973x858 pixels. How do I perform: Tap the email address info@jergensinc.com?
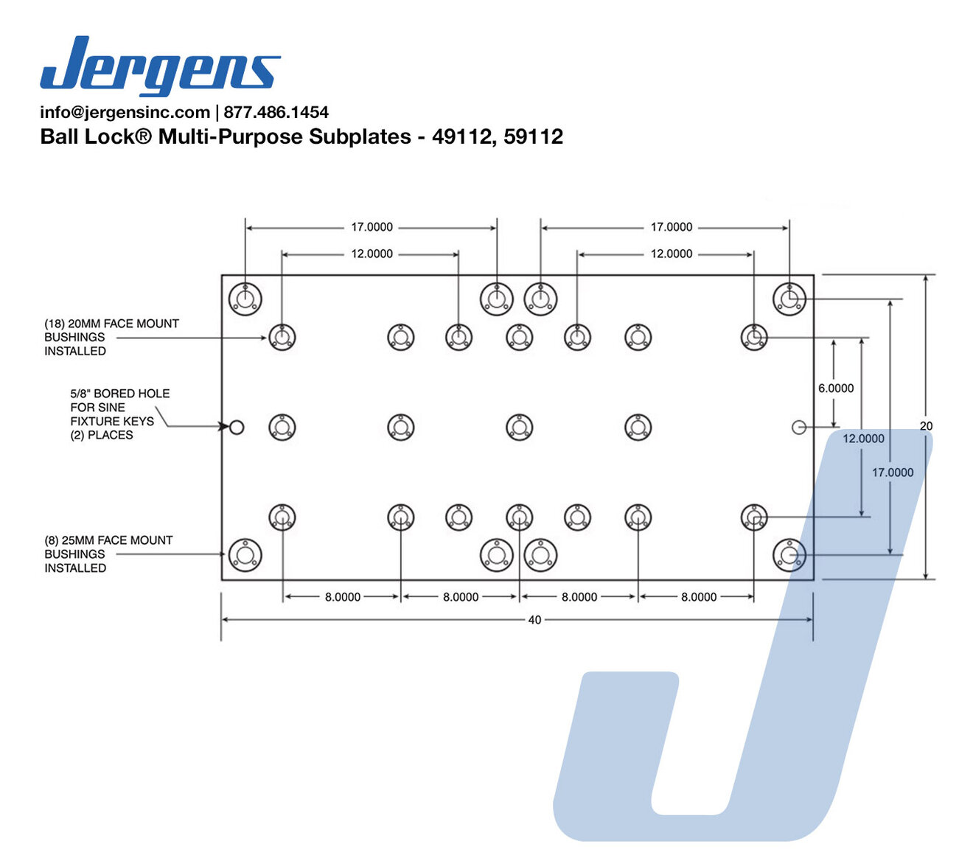click(125, 112)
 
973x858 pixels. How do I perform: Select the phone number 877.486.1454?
click(276, 112)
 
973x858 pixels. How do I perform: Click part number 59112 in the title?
click(533, 136)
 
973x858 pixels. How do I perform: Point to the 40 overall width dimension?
click(534, 620)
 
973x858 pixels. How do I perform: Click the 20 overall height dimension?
click(926, 425)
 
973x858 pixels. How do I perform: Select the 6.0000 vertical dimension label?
click(836, 388)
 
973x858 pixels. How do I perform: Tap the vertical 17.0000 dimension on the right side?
click(893, 472)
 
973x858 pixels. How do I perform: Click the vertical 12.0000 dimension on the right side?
click(863, 438)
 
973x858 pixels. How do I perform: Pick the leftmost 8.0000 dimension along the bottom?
click(343, 596)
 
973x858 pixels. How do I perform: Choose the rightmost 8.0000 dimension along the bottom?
click(699, 596)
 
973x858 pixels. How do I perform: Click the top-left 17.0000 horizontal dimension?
click(372, 227)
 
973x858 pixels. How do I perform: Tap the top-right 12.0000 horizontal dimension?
click(672, 254)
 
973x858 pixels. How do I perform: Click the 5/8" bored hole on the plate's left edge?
click(237, 427)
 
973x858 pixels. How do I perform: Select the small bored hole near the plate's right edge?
click(798, 427)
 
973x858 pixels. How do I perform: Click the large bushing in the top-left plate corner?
click(245, 299)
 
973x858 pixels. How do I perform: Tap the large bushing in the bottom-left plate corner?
click(245, 555)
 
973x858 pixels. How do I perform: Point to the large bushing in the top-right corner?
click(789, 299)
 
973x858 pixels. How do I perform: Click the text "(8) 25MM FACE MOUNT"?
click(108, 540)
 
